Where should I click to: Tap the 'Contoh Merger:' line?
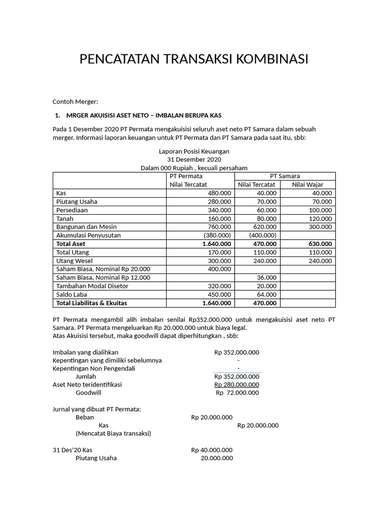76,102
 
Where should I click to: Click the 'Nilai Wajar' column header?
307,185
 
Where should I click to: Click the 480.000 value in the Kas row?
219,193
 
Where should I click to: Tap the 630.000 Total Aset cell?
319,244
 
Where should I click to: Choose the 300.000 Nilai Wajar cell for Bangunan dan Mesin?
320,227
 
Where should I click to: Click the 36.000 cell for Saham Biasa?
267,277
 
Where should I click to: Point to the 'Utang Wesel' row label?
75,261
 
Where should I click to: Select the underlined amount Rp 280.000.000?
237,384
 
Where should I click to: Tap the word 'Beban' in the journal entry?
85,417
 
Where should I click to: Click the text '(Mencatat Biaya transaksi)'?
113,434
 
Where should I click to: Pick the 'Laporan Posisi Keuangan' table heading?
194,151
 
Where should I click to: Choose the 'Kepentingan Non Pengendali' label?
94,369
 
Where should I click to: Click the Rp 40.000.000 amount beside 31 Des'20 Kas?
212,450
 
